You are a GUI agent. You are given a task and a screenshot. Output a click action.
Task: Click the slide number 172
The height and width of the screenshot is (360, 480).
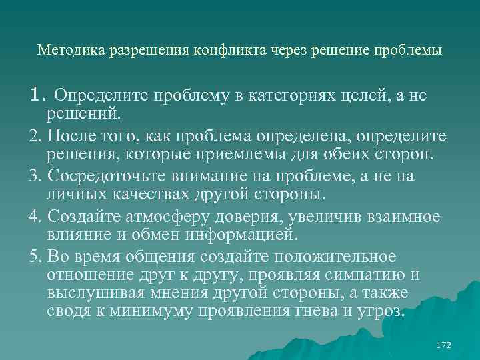click(x=443, y=345)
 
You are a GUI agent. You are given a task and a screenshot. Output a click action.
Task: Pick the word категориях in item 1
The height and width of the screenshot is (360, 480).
click(x=282, y=96)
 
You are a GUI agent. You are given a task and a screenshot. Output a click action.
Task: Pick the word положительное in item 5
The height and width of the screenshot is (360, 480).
click(x=322, y=257)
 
